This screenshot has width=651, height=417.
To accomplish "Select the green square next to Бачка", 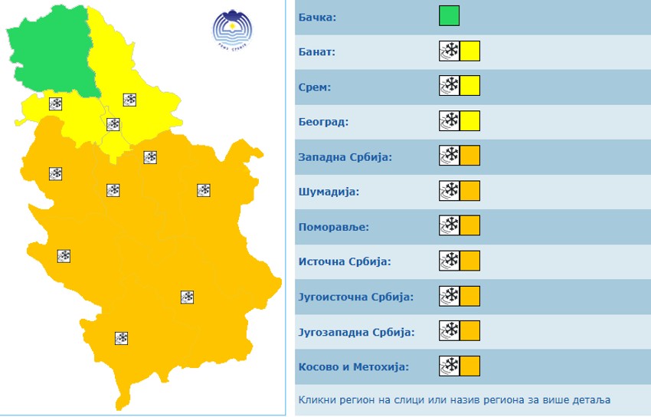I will click(449, 16).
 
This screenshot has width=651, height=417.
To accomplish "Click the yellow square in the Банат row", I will click(469, 51).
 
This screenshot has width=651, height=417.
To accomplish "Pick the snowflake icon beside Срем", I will click(450, 86).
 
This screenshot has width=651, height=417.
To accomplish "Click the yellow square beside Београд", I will click(469, 121).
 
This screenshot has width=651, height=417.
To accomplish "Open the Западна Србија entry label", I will click(345, 157).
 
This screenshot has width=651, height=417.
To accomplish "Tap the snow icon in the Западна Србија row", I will click(450, 156).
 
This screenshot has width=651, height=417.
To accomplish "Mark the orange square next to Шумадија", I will click(469, 191).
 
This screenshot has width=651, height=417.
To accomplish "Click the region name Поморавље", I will click(334, 227).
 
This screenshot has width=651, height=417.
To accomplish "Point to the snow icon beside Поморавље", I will click(450, 225).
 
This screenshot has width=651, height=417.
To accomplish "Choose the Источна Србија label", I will click(345, 262).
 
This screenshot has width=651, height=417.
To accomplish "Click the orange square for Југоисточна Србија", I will click(469, 295).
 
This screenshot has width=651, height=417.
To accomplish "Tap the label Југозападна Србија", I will click(356, 332).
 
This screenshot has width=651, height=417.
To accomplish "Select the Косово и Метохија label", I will click(353, 366).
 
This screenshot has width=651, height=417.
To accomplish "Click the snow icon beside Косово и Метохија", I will click(450, 365).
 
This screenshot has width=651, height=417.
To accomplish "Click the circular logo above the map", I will click(232, 30).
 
